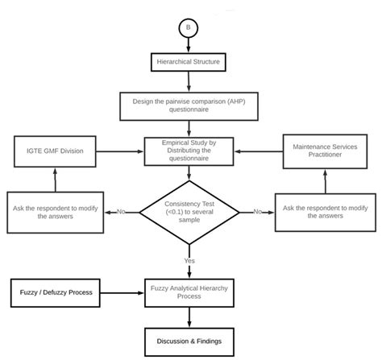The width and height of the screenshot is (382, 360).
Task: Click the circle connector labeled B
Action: click(x=189, y=28)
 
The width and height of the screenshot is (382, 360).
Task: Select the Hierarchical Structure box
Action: click(x=189, y=62)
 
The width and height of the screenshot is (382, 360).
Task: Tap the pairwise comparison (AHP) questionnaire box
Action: click(x=189, y=106)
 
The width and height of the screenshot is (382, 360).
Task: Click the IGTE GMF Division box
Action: click(x=55, y=151)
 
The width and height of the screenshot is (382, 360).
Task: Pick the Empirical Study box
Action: click(x=189, y=151)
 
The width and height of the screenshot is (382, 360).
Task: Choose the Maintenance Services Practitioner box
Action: click(x=325, y=151)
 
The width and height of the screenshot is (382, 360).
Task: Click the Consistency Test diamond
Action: click(x=189, y=213)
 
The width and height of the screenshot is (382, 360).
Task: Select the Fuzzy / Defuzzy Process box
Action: click(x=56, y=293)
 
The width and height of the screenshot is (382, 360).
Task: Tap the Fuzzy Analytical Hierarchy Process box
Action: click(x=189, y=293)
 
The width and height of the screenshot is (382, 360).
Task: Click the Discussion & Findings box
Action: click(x=189, y=342)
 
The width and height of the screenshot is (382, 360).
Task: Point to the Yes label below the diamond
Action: click(x=189, y=261)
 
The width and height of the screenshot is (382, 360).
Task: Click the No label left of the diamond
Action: click(x=121, y=212)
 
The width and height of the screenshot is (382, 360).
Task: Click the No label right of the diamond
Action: click(x=258, y=212)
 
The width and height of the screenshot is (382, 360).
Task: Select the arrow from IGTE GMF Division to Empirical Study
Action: click(x=120, y=151)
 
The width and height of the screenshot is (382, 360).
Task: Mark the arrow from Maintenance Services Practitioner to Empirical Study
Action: click(x=259, y=151)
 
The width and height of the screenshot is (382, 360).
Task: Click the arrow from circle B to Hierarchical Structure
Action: click(x=189, y=45)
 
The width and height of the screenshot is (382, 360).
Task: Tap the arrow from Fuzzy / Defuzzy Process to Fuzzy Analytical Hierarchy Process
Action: click(x=122, y=293)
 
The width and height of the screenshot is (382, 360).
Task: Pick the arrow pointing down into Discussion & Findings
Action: click(x=189, y=317)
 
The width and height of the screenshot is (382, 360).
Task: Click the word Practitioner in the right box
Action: click(x=325, y=155)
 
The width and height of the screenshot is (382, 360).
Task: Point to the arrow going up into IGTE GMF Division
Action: click(x=56, y=180)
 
